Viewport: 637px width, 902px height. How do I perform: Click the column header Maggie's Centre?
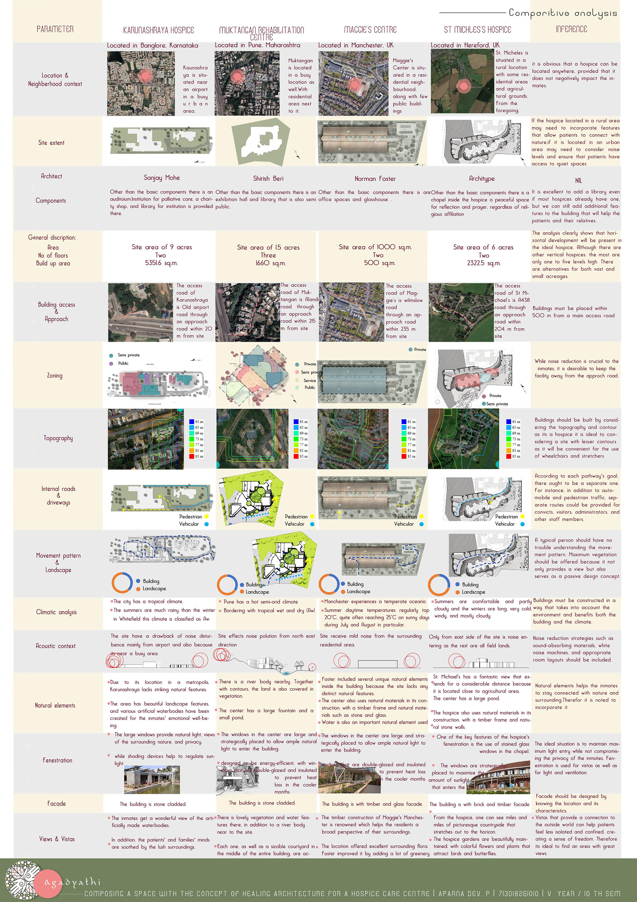click(x=370, y=30)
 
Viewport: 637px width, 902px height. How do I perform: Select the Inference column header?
click(x=571, y=29)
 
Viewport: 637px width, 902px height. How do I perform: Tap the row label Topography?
click(x=58, y=438)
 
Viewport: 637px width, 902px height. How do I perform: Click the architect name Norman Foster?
click(x=375, y=179)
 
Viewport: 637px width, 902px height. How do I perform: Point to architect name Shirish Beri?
click(x=268, y=178)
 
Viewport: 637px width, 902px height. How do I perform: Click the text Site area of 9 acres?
click(x=162, y=247)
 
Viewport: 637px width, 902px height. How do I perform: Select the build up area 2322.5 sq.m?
click(x=483, y=263)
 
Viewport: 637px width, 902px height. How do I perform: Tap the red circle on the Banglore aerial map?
click(x=146, y=75)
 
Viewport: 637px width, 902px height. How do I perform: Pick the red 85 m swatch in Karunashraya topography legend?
click(x=192, y=456)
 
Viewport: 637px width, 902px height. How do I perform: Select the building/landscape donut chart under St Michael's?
click(x=439, y=585)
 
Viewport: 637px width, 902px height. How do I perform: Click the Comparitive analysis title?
click(x=563, y=13)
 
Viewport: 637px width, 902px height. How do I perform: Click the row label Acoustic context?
click(x=55, y=646)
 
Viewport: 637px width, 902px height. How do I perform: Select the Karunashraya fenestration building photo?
click(x=152, y=780)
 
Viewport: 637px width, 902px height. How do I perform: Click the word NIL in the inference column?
click(x=578, y=180)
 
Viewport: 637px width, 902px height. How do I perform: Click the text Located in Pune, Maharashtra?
click(x=257, y=45)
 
